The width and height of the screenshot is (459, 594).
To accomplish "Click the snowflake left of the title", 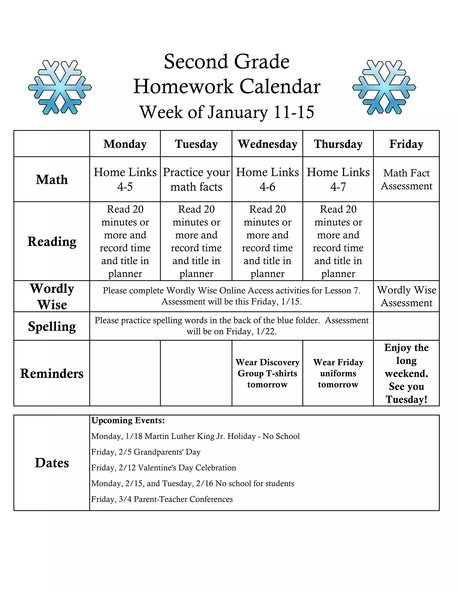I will click(60, 87).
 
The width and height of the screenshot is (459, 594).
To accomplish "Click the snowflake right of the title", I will click(384, 87).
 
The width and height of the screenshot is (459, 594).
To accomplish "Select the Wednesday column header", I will click(268, 144).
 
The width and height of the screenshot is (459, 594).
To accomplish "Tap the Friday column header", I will click(406, 144).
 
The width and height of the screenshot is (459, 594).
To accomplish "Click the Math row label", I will click(52, 180).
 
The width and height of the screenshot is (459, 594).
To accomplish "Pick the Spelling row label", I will click(52, 326).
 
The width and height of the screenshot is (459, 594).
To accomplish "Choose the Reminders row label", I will click(52, 373).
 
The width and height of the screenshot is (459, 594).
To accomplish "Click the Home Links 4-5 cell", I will click(125, 180).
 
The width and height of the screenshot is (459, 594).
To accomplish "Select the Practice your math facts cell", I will click(196, 180).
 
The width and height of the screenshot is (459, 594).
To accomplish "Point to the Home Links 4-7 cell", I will click(338, 180).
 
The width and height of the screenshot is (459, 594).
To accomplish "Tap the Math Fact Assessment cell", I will click(406, 180).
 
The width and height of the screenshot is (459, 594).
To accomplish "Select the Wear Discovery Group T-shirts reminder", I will click(267, 373).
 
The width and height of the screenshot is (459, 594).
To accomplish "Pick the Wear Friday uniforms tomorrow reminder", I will click(338, 373).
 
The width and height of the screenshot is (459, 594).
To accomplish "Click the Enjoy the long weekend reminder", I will click(406, 373).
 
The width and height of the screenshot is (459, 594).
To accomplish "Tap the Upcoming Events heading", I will click(128, 421).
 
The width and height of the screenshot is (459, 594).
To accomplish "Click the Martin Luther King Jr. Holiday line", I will click(195, 436).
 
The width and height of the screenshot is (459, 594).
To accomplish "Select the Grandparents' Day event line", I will click(146, 452).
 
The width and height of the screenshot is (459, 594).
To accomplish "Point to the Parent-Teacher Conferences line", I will click(162, 499).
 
